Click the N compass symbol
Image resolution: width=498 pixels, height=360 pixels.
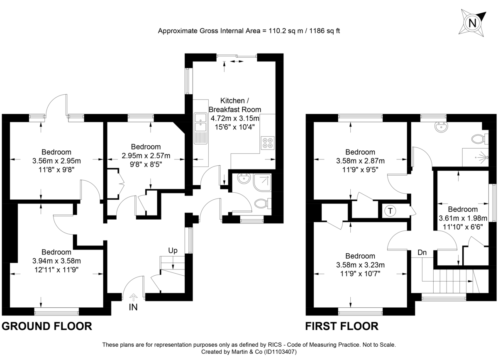click(x=472, y=23)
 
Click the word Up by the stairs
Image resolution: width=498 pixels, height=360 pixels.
click(x=173, y=250)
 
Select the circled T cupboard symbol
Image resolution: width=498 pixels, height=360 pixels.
click(x=390, y=211)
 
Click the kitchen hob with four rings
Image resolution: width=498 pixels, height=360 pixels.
click(x=268, y=142)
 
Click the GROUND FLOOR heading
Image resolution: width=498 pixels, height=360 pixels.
click(x=47, y=326)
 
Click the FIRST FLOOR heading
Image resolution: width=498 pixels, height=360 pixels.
click(x=342, y=326)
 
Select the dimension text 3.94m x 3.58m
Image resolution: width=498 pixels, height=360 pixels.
click(x=56, y=261)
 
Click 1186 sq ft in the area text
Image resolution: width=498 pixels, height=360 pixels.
click(x=323, y=31)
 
